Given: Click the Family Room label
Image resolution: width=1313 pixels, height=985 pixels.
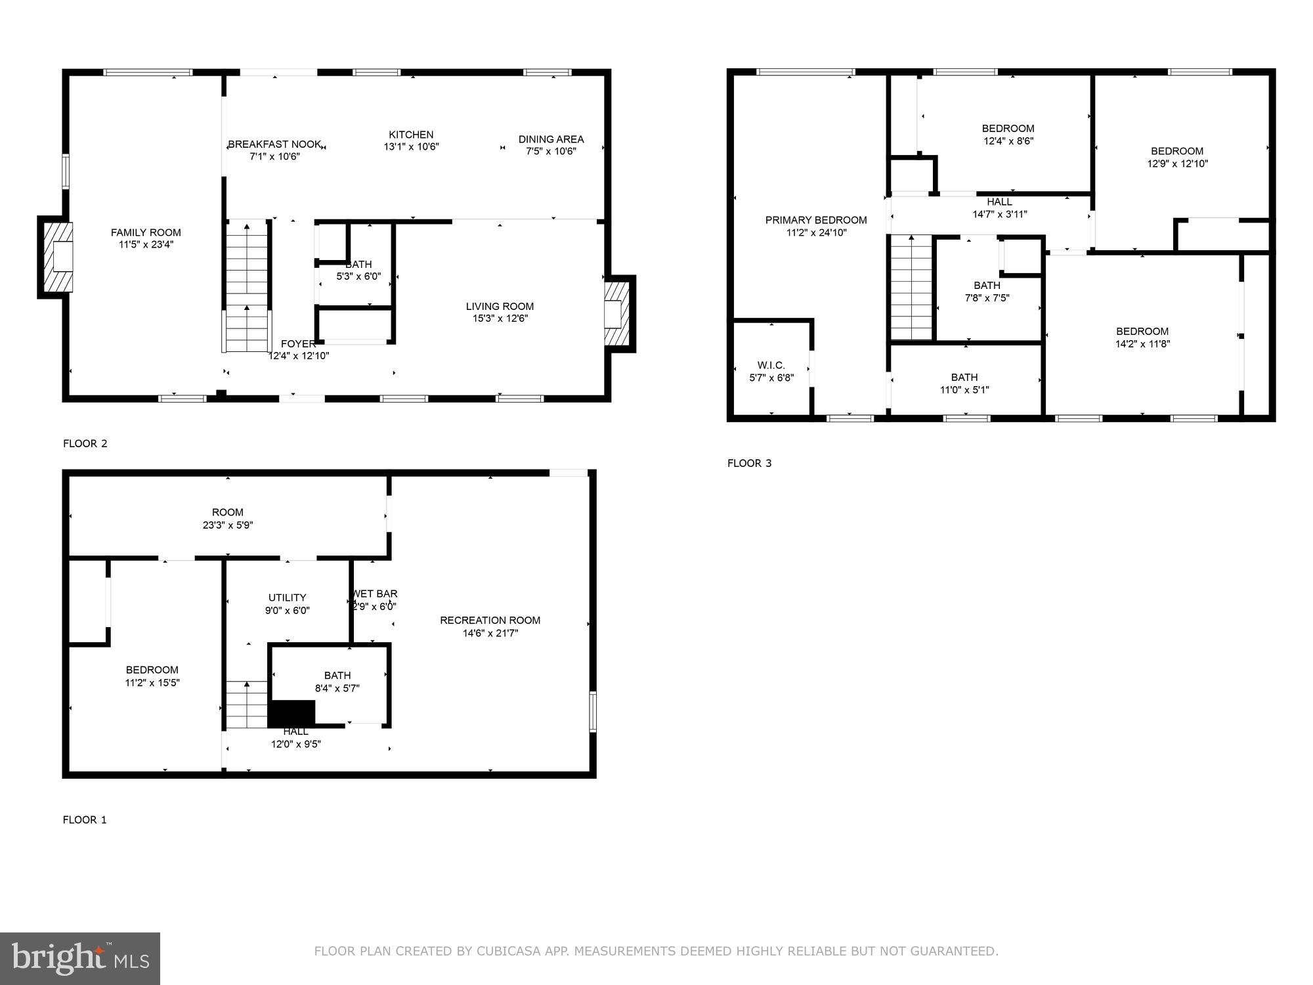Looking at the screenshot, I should point(146,232).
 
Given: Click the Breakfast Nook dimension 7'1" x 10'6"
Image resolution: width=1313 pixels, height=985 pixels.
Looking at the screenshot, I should point(274,157).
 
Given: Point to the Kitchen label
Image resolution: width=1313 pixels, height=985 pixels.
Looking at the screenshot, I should point(411,135).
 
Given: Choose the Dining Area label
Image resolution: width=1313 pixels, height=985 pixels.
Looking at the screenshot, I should point(551,139).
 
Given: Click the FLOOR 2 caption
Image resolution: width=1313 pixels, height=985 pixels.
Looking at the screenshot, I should point(85,443).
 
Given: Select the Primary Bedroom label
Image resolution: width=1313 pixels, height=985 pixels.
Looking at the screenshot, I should point(816,220).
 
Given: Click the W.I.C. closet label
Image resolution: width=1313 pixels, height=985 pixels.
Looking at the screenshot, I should point(771,365).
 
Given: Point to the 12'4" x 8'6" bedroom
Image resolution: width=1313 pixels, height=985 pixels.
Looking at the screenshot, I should point(1008,135).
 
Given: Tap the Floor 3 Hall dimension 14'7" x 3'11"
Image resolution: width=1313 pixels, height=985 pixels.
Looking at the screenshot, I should point(999,214).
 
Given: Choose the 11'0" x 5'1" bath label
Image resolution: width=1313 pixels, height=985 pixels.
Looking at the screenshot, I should point(964,383).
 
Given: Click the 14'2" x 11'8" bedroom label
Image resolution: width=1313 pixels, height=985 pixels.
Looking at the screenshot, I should point(1142,338).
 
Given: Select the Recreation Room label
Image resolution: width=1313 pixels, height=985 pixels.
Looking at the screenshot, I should point(490,620).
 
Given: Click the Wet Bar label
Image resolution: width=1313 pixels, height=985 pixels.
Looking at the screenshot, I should point(374,594).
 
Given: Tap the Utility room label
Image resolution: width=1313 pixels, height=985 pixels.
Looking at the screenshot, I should point(287,598).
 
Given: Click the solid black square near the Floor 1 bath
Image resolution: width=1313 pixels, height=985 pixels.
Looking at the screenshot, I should point(292,713).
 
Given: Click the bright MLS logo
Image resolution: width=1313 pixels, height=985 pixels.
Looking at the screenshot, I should point(80,958).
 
